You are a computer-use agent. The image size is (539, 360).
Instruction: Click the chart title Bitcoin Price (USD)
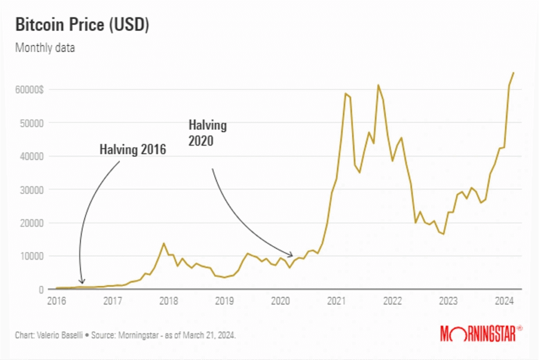(x=82, y=25)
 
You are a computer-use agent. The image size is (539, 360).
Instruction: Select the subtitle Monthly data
(x=45, y=48)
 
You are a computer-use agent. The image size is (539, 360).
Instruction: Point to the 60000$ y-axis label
(x=29, y=89)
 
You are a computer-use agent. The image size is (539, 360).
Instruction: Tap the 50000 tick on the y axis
(x=32, y=123)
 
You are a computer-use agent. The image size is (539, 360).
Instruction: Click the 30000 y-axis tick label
(x=32, y=189)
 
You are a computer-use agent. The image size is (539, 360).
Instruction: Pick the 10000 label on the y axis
(x=32, y=256)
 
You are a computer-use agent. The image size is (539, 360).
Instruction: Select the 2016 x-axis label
(x=56, y=301)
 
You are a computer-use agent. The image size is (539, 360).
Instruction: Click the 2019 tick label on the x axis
(x=224, y=301)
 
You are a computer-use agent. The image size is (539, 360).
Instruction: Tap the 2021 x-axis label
(x=336, y=301)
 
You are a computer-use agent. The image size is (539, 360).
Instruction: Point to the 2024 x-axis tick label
(x=504, y=301)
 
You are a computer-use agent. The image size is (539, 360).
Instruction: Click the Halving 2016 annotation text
(x=133, y=149)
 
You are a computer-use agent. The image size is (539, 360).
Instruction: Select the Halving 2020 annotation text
(x=207, y=133)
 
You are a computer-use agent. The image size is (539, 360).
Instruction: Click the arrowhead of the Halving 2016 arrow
(x=81, y=283)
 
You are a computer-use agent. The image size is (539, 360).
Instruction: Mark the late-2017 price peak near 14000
(x=164, y=243)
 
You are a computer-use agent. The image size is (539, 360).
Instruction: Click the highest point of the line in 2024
(x=514, y=73)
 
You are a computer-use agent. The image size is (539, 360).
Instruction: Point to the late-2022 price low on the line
(x=443, y=234)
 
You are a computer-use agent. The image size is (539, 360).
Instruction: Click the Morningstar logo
(x=481, y=333)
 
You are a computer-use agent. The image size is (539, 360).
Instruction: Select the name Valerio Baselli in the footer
(x=60, y=335)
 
